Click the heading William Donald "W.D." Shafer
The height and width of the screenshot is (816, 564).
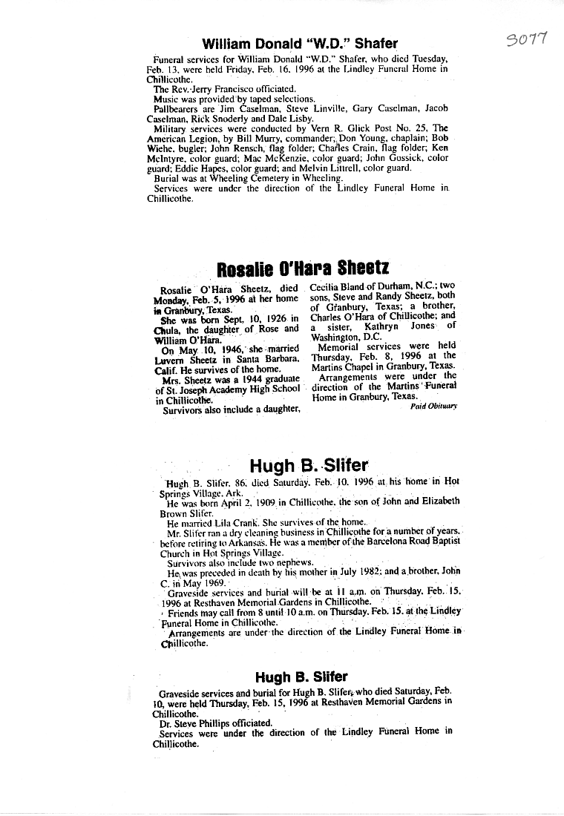(x=300, y=44)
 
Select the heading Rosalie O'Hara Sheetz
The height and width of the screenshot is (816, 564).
(x=303, y=268)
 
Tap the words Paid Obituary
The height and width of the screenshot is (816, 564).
(x=434, y=406)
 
